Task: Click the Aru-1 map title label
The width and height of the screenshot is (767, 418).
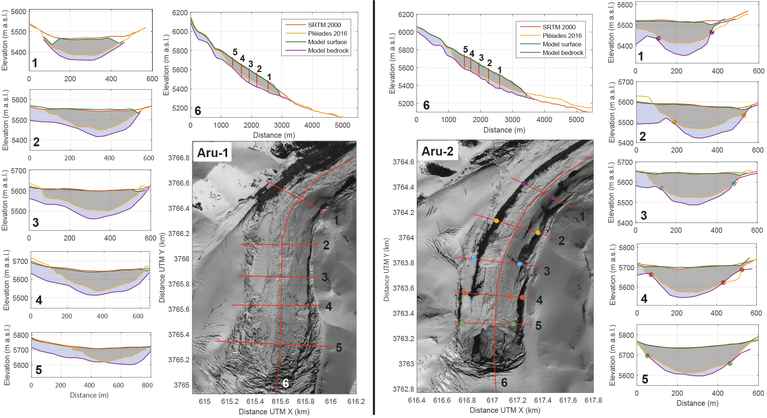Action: tap(213, 153)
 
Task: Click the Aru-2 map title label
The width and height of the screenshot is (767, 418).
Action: tap(437, 151)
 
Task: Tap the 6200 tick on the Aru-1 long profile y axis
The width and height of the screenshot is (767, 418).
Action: tap(180, 13)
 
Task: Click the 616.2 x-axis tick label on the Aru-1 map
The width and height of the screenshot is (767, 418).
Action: tap(356, 401)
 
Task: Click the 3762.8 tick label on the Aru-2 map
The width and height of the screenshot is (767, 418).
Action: tap(403, 389)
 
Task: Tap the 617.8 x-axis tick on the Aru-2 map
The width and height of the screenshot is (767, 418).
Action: tap(593, 400)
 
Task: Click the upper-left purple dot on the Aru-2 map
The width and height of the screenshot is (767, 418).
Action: tap(524, 183)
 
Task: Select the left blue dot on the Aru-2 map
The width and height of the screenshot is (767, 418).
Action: tap(474, 259)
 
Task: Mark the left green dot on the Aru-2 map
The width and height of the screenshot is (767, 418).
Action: tap(462, 323)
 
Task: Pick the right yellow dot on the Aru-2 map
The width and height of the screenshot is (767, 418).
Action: tap(538, 233)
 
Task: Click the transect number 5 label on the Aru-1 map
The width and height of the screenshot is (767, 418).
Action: tap(339, 347)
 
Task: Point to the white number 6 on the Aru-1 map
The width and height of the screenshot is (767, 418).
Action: tap(286, 383)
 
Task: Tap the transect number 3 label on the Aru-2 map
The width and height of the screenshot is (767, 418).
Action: tap(547, 271)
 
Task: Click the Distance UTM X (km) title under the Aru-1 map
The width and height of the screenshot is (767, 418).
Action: tap(274, 412)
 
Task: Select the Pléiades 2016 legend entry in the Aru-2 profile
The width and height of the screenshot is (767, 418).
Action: tap(562, 36)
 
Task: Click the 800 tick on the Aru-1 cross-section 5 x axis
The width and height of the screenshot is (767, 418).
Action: tap(147, 385)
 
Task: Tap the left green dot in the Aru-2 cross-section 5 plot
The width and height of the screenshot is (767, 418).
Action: tap(647, 356)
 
